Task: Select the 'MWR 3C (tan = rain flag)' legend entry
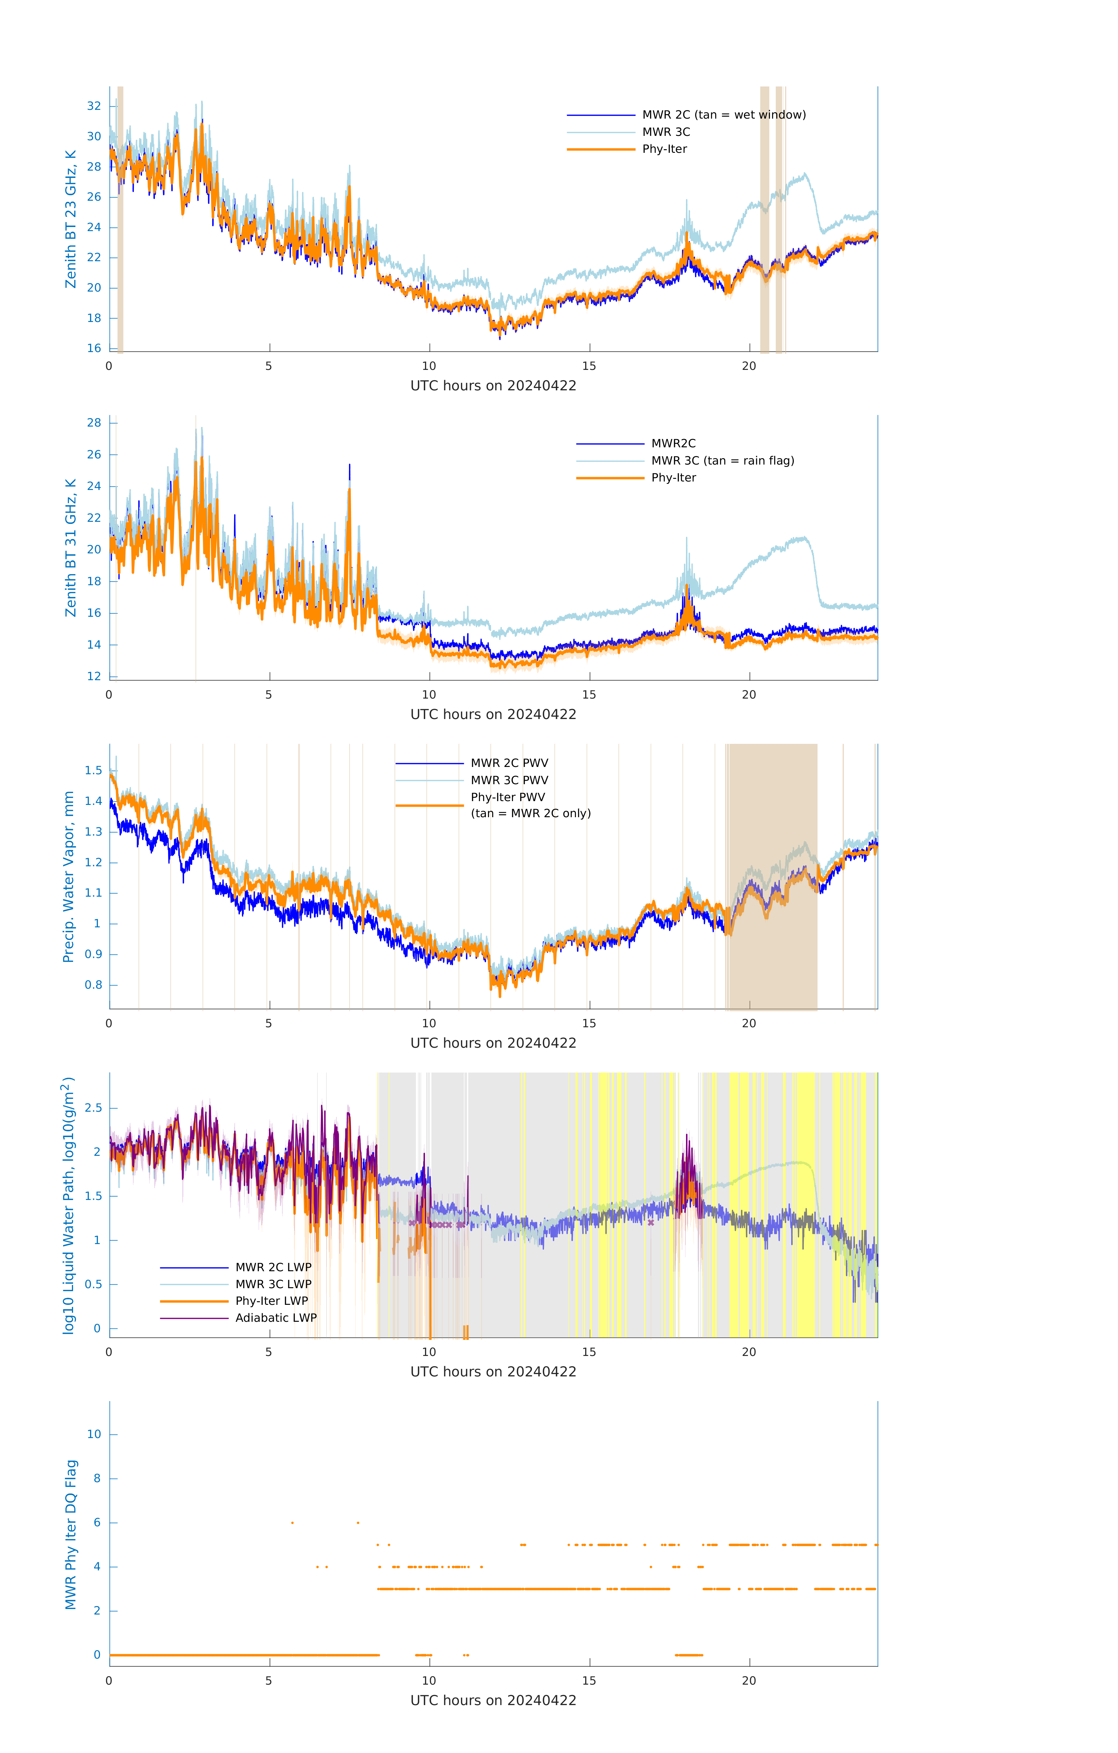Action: point(722,461)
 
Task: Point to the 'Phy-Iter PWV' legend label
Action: point(508,797)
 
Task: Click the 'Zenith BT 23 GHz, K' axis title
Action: point(71,219)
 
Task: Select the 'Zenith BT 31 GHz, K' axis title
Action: point(71,548)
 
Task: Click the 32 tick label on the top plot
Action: point(94,106)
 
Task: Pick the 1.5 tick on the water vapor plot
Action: point(93,770)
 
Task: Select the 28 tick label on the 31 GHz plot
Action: point(94,423)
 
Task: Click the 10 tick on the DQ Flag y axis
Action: point(94,1434)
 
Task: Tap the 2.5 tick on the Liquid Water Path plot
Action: point(93,1108)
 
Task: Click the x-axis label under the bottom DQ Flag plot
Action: point(493,1701)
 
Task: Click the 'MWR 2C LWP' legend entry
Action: point(273,1267)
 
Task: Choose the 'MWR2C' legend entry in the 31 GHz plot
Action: point(673,443)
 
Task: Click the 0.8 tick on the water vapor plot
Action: point(93,985)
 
